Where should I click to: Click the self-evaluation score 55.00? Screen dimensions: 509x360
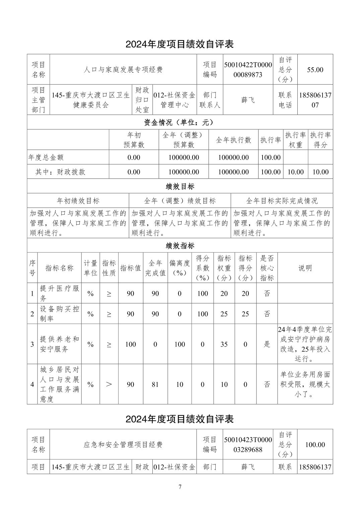[315, 70]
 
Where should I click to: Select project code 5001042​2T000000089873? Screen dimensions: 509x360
[248, 70]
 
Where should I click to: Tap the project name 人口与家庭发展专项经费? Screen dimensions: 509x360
[123, 70]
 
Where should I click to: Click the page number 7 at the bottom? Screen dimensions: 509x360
[180, 487]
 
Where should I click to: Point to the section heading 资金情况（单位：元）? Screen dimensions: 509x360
[180, 123]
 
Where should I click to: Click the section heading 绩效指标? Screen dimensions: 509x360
[180, 246]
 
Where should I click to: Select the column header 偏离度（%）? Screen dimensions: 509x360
[179, 268]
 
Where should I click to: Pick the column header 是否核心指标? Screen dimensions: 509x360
[267, 268]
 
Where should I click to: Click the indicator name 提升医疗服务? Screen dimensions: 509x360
[60, 293]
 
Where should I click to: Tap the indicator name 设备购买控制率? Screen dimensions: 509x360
[60, 314]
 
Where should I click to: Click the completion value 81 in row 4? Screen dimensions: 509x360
[155, 384]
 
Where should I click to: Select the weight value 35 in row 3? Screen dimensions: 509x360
[224, 344]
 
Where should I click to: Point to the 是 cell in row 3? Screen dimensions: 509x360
[267, 344]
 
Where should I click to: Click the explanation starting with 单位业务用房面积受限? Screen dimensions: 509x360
[305, 384]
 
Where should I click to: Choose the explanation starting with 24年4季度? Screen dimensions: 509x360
[305, 344]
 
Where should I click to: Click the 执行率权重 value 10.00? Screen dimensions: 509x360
[296, 172]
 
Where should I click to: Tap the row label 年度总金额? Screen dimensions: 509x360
[46, 157]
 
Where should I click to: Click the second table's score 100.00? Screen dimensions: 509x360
[315, 445]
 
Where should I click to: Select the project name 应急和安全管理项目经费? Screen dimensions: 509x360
[123, 445]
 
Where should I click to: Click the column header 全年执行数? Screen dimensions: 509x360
[233, 140]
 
